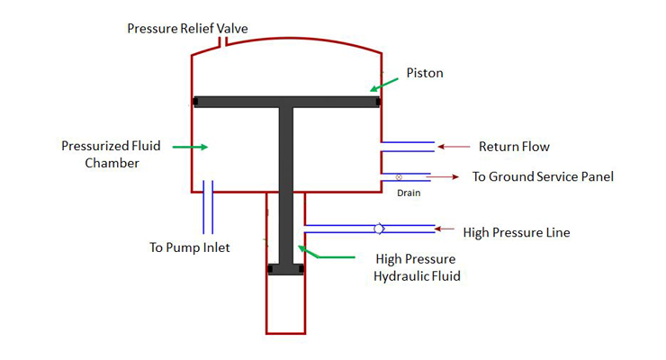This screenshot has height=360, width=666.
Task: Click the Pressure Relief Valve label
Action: [187, 29]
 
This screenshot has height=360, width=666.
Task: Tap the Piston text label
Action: [425, 73]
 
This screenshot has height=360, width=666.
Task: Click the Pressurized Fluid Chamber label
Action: [100, 154]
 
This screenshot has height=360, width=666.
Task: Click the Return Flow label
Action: [514, 147]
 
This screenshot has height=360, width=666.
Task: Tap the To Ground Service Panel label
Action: [543, 176]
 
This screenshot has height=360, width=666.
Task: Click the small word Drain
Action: [409, 191]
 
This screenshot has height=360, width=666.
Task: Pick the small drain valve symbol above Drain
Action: [399, 176]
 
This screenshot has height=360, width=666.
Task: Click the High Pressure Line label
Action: [517, 232]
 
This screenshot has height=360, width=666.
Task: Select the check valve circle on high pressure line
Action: [380, 229]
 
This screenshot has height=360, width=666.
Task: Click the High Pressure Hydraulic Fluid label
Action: [417, 267]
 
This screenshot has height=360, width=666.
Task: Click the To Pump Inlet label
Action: [189, 247]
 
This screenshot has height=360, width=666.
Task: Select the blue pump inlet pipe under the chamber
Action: [208, 206]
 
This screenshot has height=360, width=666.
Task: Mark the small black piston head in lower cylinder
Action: [285, 269]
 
